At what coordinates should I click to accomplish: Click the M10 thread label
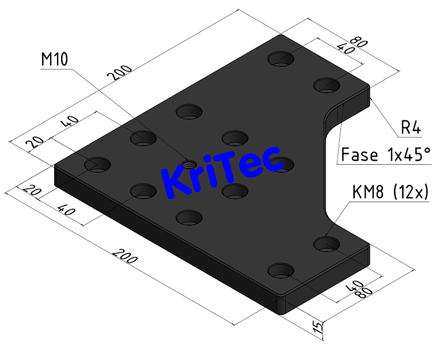[x=55, y=59]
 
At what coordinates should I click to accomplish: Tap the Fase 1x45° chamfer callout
[x=385, y=154]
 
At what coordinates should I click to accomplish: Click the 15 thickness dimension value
[x=316, y=328]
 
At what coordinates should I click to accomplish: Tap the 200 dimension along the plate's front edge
[x=125, y=257]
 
